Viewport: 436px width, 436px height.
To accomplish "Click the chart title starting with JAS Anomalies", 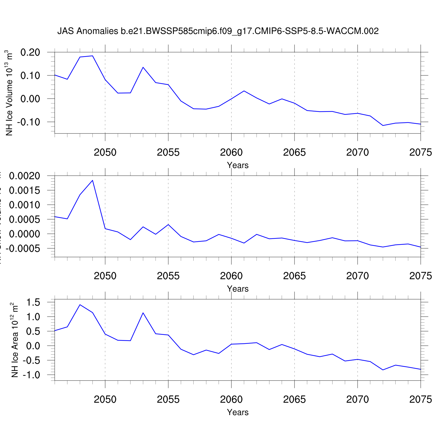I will pyautogui.click(x=218, y=31).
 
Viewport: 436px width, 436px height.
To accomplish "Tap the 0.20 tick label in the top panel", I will pyautogui.click(x=30, y=52).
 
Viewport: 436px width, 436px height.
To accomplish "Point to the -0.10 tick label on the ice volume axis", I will pyautogui.click(x=28, y=122).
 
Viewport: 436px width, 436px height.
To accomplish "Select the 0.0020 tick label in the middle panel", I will pyautogui.click(x=25, y=176).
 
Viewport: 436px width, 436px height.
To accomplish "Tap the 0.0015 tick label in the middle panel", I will pyautogui.click(x=25, y=190).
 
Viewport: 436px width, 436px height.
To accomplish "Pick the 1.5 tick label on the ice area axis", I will pyautogui.click(x=33, y=302).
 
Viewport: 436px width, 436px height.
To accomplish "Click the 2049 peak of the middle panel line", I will pyautogui.click(x=92, y=180).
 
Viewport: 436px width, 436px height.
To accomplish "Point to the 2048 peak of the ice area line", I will pyautogui.click(x=80, y=305).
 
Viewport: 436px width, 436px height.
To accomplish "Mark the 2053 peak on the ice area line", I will pyautogui.click(x=143, y=313).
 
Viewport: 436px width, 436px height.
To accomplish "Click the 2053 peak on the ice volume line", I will pyautogui.click(x=143, y=67).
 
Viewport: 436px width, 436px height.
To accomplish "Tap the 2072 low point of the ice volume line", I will pyautogui.click(x=383, y=126).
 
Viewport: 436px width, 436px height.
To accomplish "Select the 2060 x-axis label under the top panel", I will pyautogui.click(x=231, y=152).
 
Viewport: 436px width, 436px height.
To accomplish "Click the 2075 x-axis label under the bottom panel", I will pyautogui.click(x=420, y=399).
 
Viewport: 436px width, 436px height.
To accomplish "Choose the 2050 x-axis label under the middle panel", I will pyautogui.click(x=105, y=276).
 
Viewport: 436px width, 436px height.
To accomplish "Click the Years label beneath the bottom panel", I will pyautogui.click(x=238, y=412).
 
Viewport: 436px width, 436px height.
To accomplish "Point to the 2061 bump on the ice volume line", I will pyautogui.click(x=244, y=91).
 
